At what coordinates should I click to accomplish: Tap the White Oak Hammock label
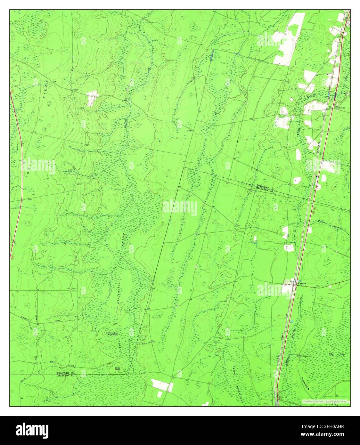pyautogui.click(x=112, y=334)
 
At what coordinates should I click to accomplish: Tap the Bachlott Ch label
pyautogui.click(x=339, y=108)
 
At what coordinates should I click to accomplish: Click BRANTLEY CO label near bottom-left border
pyautogui.click(x=65, y=373)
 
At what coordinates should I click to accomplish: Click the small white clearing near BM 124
pyautogui.click(x=92, y=98)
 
